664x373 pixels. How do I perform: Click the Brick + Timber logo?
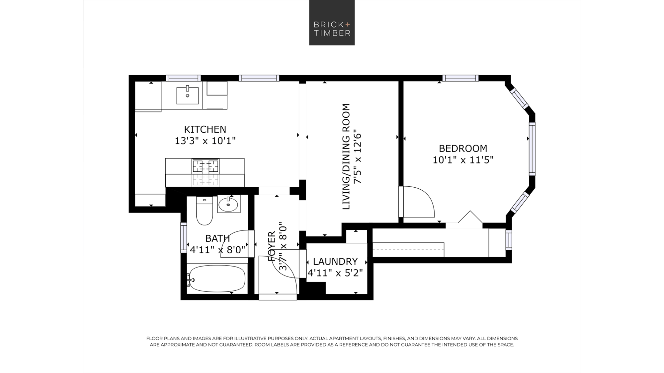coord(332,23)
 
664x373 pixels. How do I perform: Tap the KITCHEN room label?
coord(205,129)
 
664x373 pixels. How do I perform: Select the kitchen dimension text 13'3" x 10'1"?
coord(205,141)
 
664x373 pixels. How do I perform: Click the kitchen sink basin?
coord(188,95)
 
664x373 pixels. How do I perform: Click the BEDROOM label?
coord(463,148)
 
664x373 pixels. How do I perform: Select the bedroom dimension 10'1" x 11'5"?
coord(463,160)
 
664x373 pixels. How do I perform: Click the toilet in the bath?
coord(205,211)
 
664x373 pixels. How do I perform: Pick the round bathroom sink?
coord(229,204)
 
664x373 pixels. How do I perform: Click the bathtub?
coord(217,279)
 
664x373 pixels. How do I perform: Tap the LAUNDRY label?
coord(335,261)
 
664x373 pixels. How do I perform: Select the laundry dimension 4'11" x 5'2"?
coord(335,273)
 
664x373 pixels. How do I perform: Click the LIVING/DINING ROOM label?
coord(346,156)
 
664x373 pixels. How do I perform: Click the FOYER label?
coord(272,246)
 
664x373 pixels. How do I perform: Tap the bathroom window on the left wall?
coord(184,238)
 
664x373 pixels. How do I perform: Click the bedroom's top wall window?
coord(460,78)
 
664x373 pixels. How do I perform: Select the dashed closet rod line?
coord(408,250)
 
